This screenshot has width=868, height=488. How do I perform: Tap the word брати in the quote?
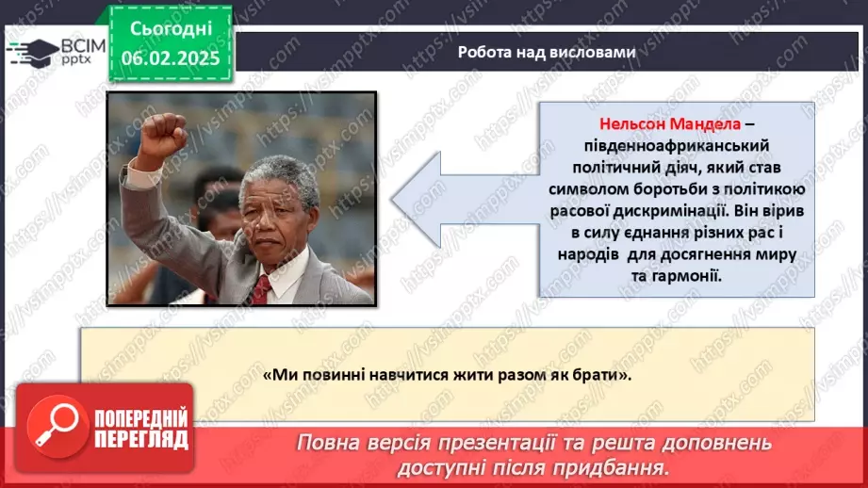[x=602, y=374]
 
